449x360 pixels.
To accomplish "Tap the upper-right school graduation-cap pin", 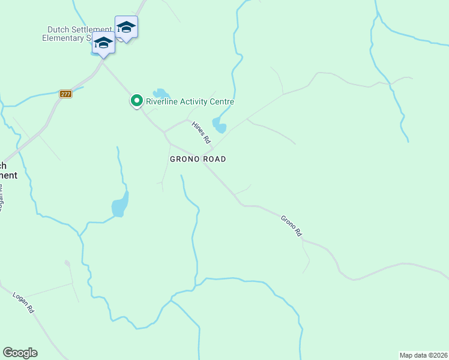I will (x=126, y=28).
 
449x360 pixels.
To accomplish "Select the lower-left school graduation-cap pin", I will (x=103, y=44).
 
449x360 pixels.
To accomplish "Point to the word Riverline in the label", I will (x=162, y=102).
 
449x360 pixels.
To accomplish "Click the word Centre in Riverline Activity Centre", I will (x=221, y=102).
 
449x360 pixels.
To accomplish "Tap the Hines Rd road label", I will (x=202, y=132).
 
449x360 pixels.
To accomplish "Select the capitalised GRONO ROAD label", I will (x=197, y=159).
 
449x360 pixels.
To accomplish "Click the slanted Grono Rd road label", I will (x=291, y=226).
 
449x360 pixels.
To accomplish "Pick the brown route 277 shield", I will (x=66, y=94).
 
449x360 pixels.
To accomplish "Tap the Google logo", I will (x=20, y=353).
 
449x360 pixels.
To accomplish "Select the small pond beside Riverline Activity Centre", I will (x=160, y=94).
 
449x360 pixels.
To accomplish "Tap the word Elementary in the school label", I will (x=65, y=38).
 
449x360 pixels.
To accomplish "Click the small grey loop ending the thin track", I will (x=67, y=263).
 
